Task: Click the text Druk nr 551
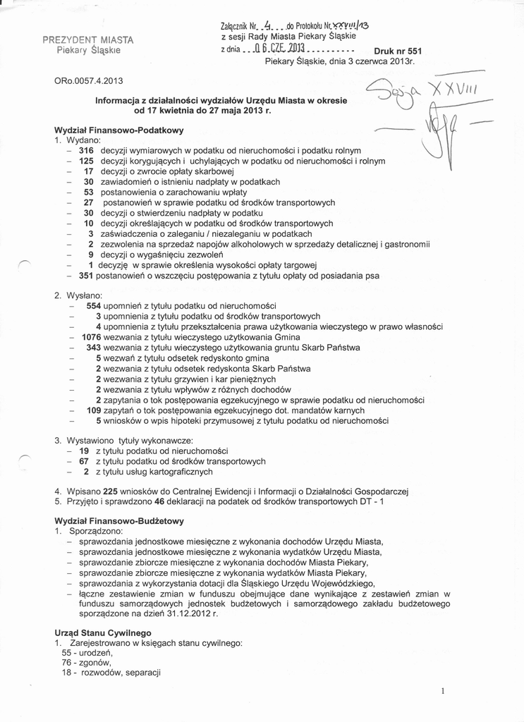pyautogui.click(x=397, y=51)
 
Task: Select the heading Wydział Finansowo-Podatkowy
pyautogui.click(x=118, y=130)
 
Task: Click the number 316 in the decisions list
pyautogui.click(x=86, y=151)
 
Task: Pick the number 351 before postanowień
pyautogui.click(x=86, y=276)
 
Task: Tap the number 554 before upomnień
pyautogui.click(x=94, y=306)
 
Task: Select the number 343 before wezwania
pyautogui.click(x=94, y=348)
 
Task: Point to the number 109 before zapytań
pyautogui.click(x=94, y=410)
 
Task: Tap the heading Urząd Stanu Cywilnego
pyautogui.click(x=102, y=633)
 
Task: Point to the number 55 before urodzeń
pyautogui.click(x=68, y=653)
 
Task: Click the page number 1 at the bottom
pyautogui.click(x=441, y=692)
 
